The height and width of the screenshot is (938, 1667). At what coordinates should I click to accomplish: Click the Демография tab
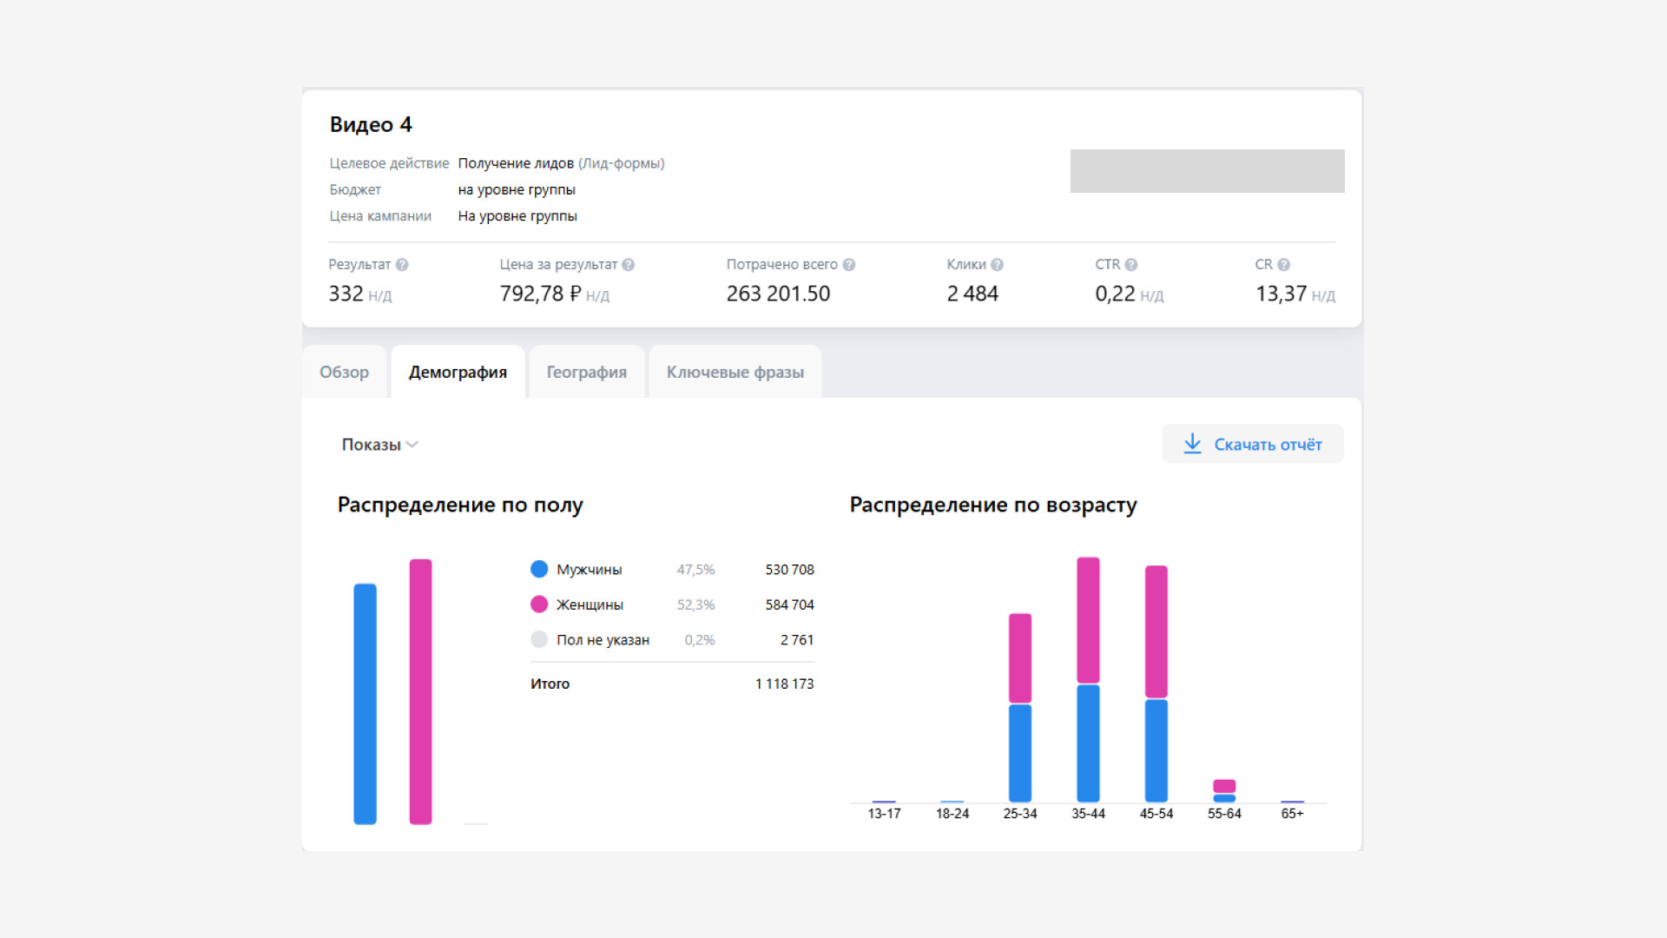tap(458, 372)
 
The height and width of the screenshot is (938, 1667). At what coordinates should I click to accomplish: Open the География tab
tap(587, 372)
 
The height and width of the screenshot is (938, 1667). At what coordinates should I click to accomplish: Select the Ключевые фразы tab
tap(735, 372)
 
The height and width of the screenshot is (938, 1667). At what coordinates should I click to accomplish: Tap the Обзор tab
tap(344, 372)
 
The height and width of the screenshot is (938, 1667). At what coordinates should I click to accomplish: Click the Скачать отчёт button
tap(1253, 444)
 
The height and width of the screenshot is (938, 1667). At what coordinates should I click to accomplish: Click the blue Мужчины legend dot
tap(539, 569)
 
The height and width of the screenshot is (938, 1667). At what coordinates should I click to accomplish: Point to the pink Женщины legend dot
tap(539, 604)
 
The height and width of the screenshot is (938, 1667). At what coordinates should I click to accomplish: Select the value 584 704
tap(789, 604)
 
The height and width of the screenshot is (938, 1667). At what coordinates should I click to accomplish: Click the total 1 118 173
tap(785, 684)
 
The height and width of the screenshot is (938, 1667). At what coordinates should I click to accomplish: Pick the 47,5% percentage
tap(695, 570)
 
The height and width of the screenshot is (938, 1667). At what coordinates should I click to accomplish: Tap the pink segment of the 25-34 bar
tap(1020, 658)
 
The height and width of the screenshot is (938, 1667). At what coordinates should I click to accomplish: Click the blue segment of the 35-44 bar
tap(1088, 743)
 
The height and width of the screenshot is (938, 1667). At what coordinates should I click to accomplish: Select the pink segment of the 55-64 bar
tap(1224, 786)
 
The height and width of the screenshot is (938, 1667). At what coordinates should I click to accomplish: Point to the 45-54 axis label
tap(1156, 814)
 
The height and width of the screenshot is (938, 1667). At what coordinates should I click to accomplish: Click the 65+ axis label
tap(1292, 814)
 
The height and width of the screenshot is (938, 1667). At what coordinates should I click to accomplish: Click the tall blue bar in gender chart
tap(366, 703)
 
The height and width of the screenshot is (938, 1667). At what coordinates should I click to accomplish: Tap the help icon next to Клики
tap(997, 265)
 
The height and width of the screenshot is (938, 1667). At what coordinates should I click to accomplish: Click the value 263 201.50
tap(778, 294)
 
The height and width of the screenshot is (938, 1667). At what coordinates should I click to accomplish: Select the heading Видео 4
tap(371, 124)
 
